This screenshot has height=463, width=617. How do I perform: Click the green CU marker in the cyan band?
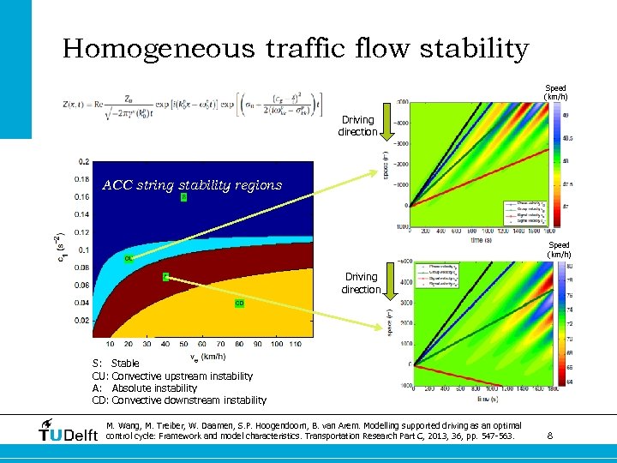click(x=128, y=257)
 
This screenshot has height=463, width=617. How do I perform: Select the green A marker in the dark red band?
click(x=165, y=276)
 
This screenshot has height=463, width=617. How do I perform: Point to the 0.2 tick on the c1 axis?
click(x=82, y=161)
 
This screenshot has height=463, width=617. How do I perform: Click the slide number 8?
click(x=549, y=436)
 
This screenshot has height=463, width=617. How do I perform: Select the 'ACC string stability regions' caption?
click(x=191, y=184)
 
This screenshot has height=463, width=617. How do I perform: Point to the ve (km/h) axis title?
click(x=207, y=356)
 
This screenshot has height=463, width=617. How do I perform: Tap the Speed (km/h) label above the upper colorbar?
click(x=557, y=92)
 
